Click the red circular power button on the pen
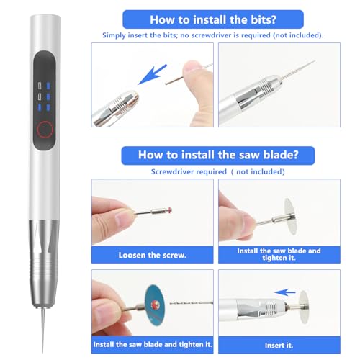click(x=47, y=129)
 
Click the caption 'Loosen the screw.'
click(x=152, y=255)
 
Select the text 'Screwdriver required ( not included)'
click(x=218, y=172)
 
